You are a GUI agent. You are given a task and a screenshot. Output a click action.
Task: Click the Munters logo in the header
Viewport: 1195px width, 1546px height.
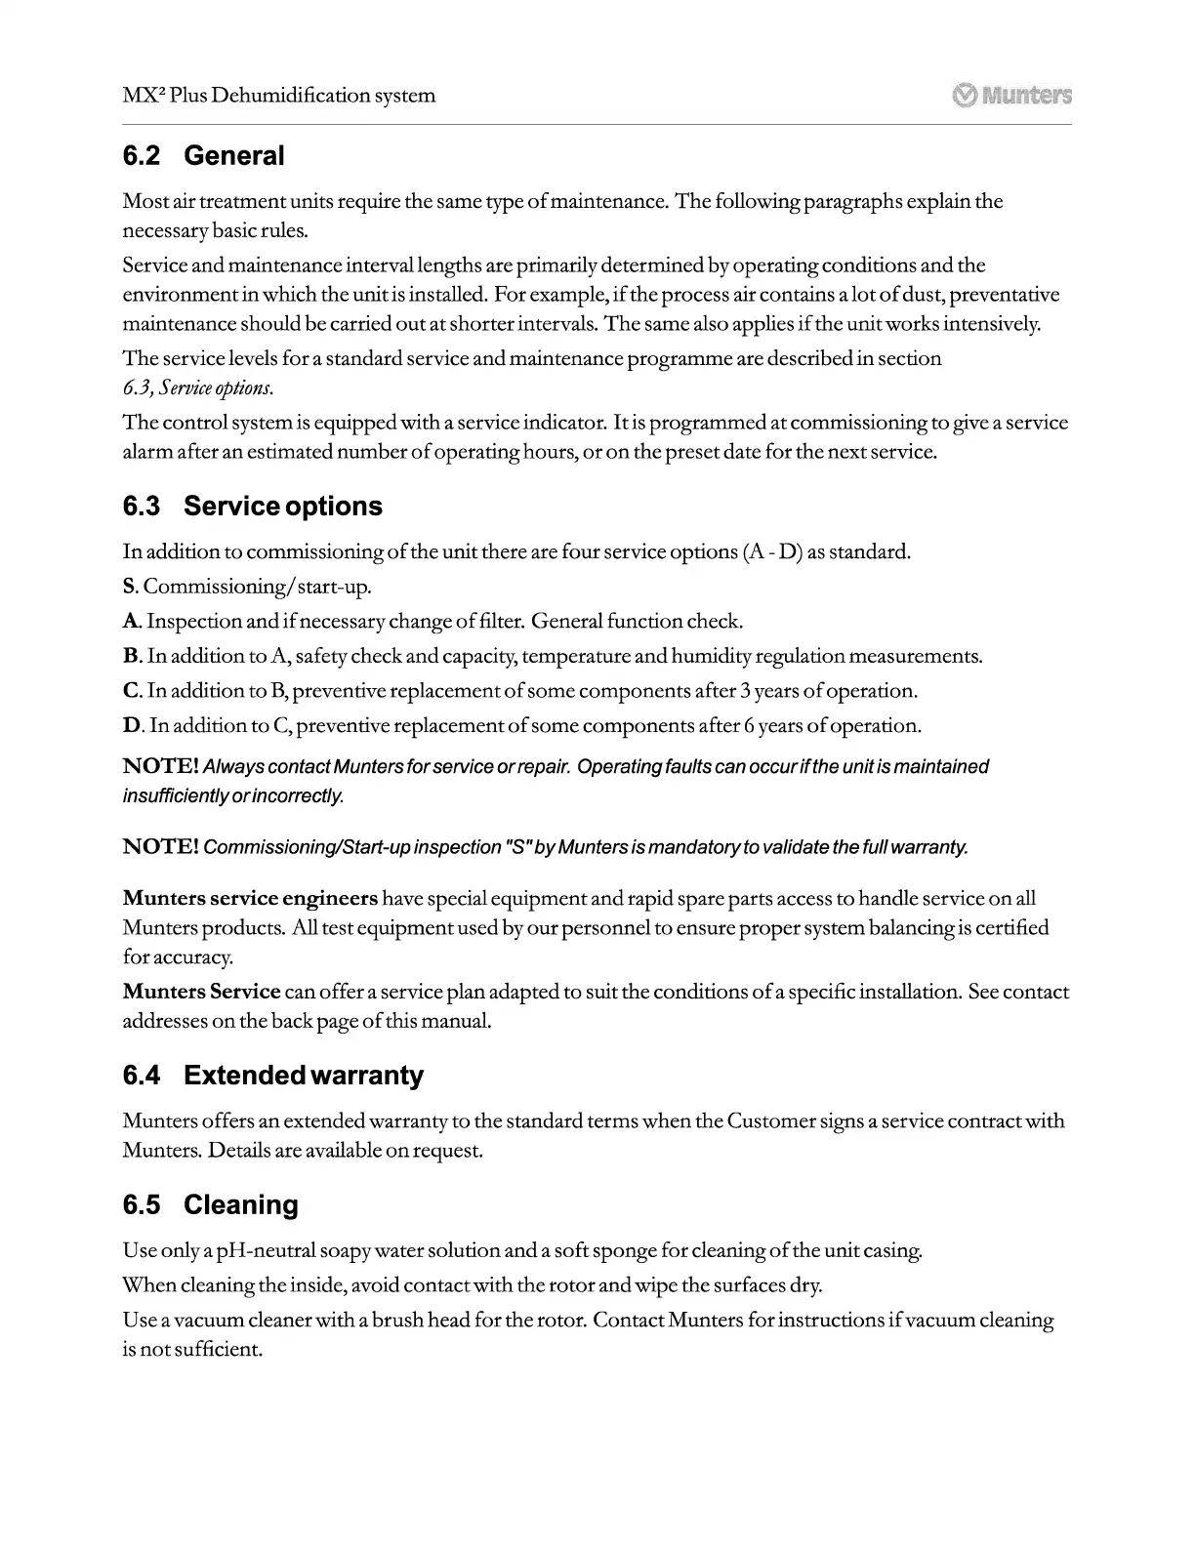point(1011,95)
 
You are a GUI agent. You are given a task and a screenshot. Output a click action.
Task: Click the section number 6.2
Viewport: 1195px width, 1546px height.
point(142,156)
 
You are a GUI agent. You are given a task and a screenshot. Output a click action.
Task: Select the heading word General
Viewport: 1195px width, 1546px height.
point(234,156)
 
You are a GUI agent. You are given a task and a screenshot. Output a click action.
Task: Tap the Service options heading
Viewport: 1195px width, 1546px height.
point(282,507)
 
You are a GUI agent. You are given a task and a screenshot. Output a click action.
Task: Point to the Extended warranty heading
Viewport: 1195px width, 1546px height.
point(303,1076)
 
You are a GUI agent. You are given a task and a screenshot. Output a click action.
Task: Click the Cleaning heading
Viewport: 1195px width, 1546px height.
point(240,1204)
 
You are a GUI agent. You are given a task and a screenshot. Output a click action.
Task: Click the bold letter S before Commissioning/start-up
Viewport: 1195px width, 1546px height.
point(128,587)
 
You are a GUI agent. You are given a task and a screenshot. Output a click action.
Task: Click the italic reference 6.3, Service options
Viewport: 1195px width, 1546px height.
point(197,388)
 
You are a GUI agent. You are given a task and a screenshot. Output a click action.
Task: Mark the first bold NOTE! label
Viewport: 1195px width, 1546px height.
point(161,767)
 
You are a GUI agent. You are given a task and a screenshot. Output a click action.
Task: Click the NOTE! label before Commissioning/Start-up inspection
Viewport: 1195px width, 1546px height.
point(161,847)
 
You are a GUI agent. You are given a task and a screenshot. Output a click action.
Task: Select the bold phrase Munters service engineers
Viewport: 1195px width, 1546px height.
point(250,898)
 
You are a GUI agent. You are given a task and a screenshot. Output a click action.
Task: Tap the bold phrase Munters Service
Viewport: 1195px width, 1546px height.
point(201,992)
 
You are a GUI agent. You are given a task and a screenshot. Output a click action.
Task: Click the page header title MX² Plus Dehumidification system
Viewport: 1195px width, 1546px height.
point(279,96)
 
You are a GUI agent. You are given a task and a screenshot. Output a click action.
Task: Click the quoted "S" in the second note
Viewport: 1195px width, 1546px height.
point(514,847)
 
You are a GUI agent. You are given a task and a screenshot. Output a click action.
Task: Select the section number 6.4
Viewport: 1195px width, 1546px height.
point(142,1076)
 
